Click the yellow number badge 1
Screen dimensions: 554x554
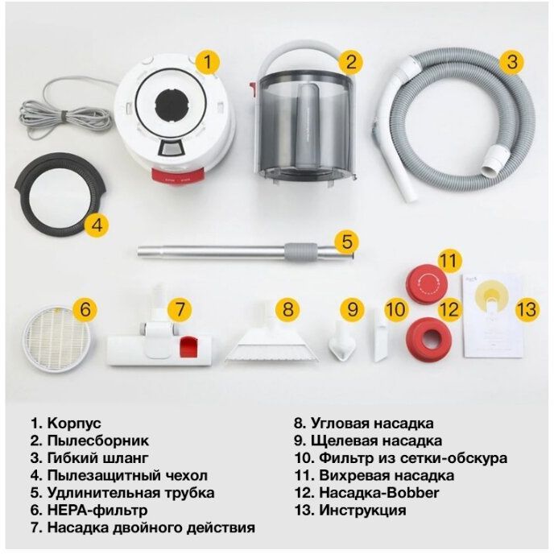pos(209,61)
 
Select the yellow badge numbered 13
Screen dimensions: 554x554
pos(526,308)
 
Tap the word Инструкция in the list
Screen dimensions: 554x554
pos(362,511)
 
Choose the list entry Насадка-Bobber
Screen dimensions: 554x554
pos(377,493)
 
